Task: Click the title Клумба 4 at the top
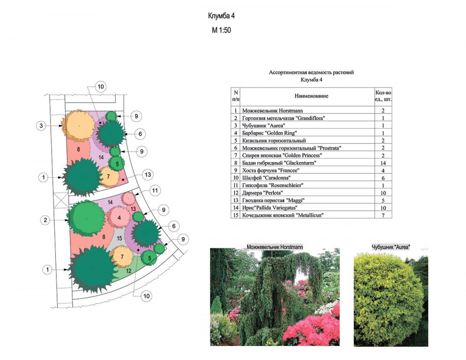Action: point(221,16)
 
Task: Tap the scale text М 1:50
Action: point(221,30)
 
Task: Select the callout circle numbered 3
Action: point(41,126)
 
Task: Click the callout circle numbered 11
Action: point(155,190)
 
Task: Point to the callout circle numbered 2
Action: point(45,220)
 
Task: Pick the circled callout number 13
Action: point(148,175)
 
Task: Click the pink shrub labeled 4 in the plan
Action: point(119,218)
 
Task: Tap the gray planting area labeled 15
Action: point(119,238)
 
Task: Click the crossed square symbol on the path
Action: point(62,199)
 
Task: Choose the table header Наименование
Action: point(311,96)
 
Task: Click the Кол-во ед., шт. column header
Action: point(383,96)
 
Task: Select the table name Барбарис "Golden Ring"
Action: point(269,133)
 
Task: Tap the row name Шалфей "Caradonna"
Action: point(266,178)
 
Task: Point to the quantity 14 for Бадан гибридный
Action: point(383,163)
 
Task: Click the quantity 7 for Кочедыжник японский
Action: point(383,215)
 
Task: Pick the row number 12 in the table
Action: point(236,193)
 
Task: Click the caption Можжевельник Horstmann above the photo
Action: point(275,247)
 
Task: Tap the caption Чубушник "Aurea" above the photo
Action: point(391,247)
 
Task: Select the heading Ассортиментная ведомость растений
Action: point(311,72)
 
